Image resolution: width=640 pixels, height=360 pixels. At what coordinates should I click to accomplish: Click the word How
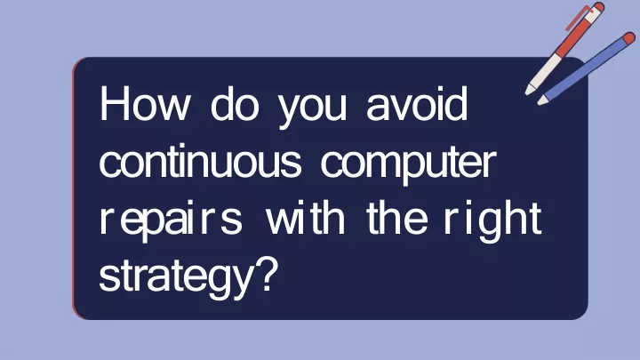coord(145,103)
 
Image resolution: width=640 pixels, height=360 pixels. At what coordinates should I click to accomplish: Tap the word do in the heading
coord(235,103)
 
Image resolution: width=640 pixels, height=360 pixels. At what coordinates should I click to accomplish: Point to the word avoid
coord(417,103)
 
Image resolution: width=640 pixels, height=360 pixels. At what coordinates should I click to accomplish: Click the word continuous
coord(200,160)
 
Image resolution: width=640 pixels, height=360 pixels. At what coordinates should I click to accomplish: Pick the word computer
coord(409,165)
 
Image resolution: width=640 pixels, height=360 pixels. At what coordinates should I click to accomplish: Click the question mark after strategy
coord(268,275)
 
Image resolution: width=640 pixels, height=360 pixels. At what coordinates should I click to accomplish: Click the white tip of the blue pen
coord(542,100)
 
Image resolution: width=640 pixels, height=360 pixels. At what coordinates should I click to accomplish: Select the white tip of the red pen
coord(530,90)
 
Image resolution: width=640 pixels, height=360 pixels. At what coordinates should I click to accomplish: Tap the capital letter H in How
coord(115,103)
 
